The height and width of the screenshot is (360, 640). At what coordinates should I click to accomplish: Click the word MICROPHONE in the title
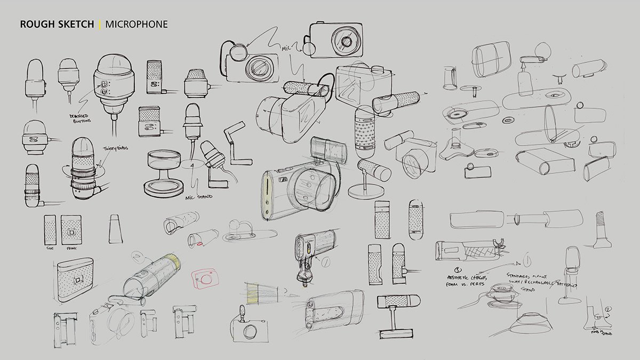click(137, 24)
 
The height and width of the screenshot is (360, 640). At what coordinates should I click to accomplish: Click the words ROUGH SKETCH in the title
click(57, 24)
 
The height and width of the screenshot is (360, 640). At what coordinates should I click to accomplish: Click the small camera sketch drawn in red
click(205, 277)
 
